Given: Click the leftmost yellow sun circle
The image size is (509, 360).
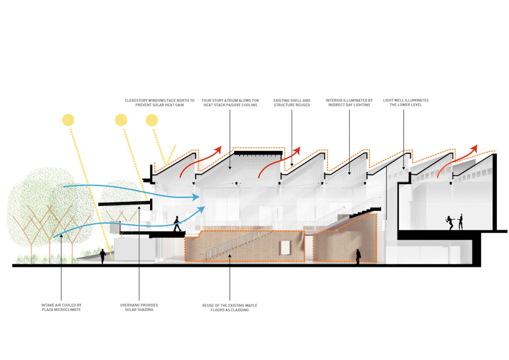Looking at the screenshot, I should (68, 120).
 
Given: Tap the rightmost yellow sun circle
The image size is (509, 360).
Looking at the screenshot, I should (152, 120).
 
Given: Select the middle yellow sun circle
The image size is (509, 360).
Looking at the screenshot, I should (121, 120).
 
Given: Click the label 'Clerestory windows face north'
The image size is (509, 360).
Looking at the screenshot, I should (159, 103).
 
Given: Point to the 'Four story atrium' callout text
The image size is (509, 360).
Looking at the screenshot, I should (230, 103).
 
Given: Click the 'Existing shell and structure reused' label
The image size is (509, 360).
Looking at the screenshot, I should (292, 103).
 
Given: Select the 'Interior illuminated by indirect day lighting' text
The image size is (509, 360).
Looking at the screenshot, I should (349, 103).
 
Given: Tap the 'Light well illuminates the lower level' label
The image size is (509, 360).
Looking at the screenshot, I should (406, 102).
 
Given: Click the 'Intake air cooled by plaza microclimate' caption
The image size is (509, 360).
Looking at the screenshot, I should (61, 307).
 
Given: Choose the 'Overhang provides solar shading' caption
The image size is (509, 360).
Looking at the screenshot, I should (139, 307).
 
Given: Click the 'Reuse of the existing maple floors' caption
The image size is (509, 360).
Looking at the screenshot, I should (229, 307).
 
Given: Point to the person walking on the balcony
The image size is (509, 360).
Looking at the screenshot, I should (177, 224).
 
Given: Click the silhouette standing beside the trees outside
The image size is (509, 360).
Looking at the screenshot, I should (103, 256).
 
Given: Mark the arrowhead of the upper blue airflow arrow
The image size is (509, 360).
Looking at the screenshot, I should (196, 197).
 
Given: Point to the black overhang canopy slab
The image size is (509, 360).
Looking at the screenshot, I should (124, 204).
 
